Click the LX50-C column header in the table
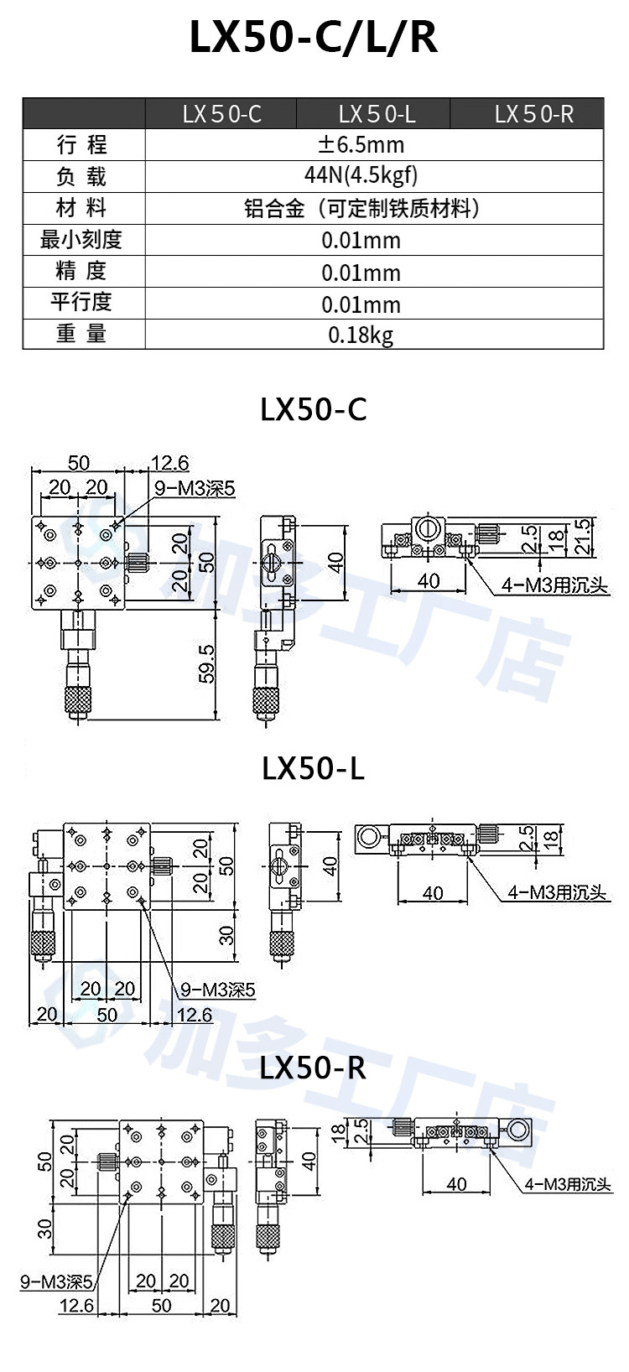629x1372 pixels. [x=221, y=114]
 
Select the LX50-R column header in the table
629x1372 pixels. [x=534, y=114]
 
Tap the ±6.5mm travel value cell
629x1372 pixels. [x=361, y=145]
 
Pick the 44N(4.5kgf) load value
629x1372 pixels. [x=361, y=176]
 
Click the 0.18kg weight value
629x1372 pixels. [x=361, y=335]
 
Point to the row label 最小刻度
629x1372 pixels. [x=81, y=240]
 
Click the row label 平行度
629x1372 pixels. [x=81, y=303]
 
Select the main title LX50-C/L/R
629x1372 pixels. [x=314, y=38]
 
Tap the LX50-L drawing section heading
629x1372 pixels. [x=313, y=768]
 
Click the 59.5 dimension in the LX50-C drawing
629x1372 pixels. [x=207, y=663]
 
